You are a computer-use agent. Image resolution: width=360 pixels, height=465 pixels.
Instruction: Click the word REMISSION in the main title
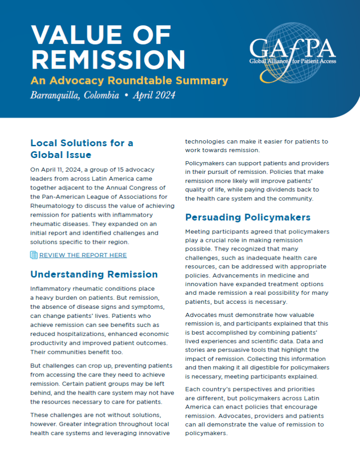point(108,59)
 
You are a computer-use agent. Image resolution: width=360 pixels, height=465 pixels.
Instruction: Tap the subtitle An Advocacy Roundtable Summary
point(129,81)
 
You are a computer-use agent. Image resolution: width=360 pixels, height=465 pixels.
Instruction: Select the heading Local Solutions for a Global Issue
point(82,148)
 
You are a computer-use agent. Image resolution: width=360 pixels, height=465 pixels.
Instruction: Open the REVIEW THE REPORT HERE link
point(83,255)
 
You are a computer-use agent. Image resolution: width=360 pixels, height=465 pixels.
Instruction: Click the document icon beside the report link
point(34,255)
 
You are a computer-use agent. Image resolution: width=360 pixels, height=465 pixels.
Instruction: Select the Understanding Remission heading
point(94,274)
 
